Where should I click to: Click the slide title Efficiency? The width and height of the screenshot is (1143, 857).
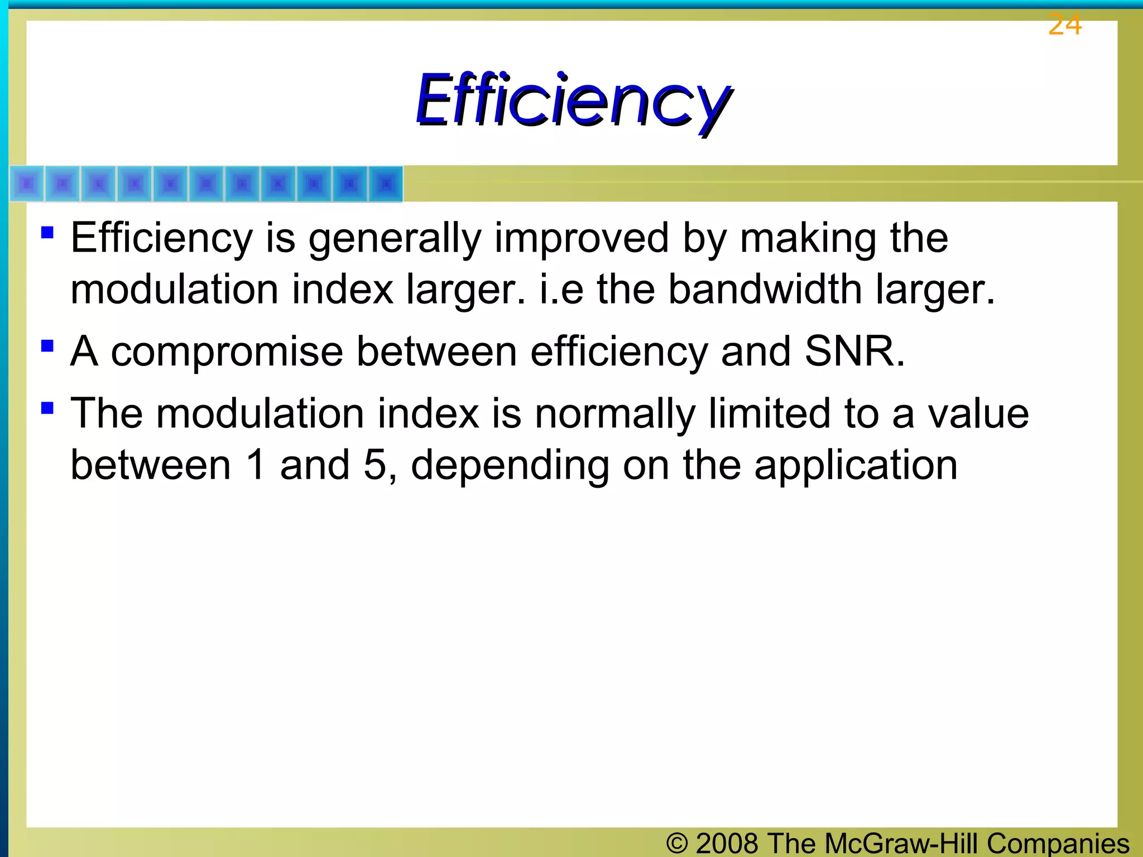[x=573, y=100]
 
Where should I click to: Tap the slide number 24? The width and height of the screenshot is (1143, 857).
[x=1064, y=26]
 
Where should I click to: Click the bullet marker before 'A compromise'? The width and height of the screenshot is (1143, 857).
[x=47, y=346]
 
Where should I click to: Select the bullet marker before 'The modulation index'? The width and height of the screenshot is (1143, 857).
[x=47, y=408]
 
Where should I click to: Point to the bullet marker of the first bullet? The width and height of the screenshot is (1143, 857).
[x=47, y=232]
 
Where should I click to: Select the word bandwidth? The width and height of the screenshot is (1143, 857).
[x=765, y=290]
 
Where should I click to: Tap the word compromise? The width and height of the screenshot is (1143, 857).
[x=227, y=353]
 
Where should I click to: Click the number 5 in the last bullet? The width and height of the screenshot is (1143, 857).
[x=374, y=465]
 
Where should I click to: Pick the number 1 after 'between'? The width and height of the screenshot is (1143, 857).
[x=256, y=465]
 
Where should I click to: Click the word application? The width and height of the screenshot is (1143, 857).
[x=856, y=466]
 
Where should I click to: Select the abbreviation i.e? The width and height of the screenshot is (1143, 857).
[x=561, y=290]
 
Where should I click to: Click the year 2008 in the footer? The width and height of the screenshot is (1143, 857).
[x=727, y=843]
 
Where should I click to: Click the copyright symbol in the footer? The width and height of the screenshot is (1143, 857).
[x=676, y=843]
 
